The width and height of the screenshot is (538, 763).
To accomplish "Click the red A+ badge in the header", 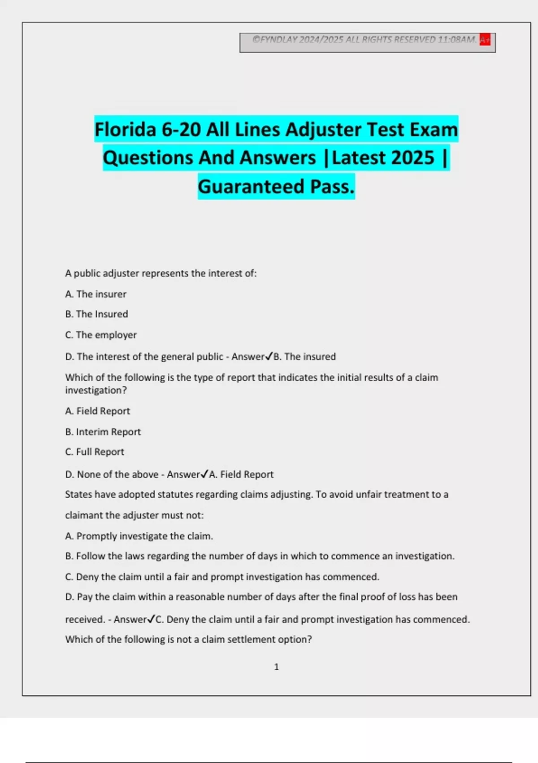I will [x=485, y=39].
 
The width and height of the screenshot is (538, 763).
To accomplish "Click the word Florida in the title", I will [x=125, y=130].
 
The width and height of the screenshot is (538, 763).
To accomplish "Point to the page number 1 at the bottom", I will [x=276, y=667].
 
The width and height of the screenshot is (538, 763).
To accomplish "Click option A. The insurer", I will [x=95, y=294].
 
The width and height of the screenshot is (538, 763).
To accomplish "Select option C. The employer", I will [x=101, y=335].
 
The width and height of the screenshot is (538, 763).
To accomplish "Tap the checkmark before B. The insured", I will [x=269, y=356].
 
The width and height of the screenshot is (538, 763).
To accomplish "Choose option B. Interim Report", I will [x=103, y=432].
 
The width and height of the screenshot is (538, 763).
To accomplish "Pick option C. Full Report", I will [x=95, y=452].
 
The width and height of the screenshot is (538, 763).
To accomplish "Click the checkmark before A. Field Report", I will [x=205, y=474].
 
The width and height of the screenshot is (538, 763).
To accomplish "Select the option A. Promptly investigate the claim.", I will [x=139, y=536].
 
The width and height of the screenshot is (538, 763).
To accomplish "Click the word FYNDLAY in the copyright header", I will [x=279, y=39].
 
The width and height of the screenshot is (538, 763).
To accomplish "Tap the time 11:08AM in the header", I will [x=456, y=39].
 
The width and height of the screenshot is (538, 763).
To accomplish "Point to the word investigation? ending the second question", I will [x=96, y=390].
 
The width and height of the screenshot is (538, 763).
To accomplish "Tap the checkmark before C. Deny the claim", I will [x=151, y=619].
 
